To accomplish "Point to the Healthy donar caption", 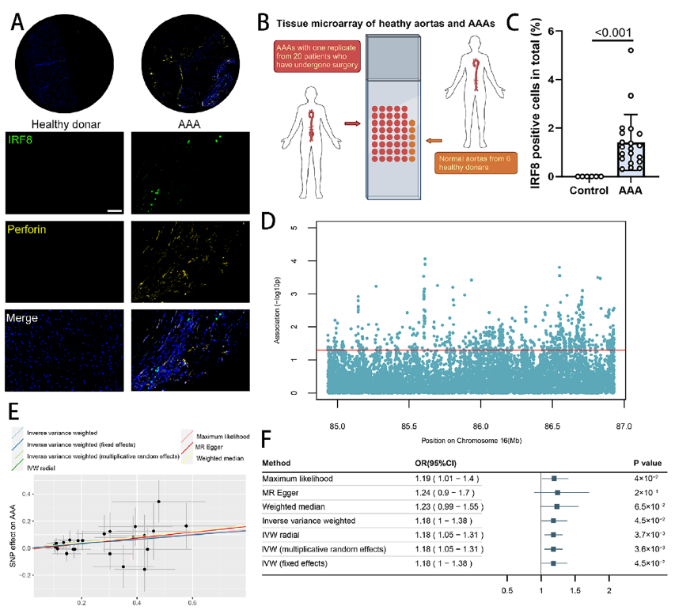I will tap(63, 124).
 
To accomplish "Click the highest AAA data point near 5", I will tap(631, 50).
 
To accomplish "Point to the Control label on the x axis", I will tap(586, 190).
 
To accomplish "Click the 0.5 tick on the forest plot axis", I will tap(506, 591).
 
